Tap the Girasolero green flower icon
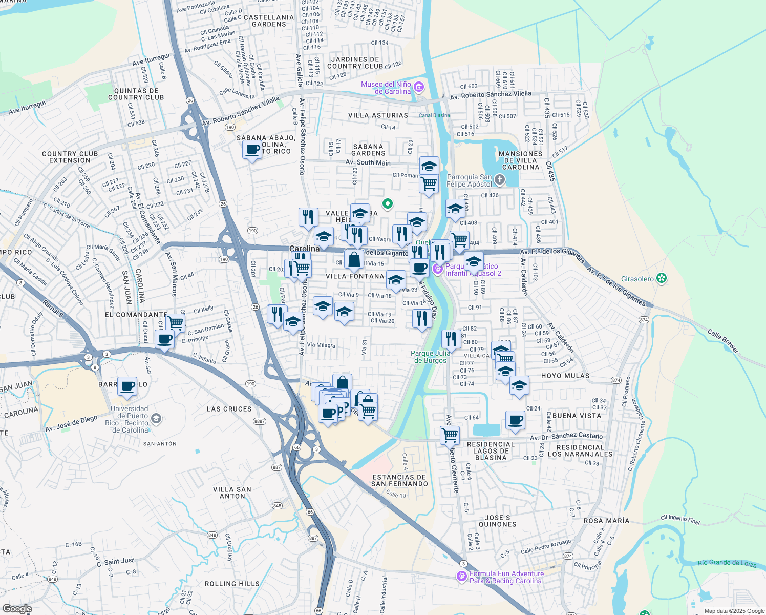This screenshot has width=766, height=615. pyautogui.click(x=662, y=278)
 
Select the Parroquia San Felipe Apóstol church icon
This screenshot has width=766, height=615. pyautogui.click(x=500, y=180)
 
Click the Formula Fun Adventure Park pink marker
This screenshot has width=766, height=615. pyautogui.click(x=462, y=577)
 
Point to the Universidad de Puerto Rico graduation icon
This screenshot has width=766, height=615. pyautogui.click(x=156, y=419)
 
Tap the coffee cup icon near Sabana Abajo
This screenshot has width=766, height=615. pyautogui.click(x=252, y=150)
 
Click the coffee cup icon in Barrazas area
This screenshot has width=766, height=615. pyautogui.click(x=127, y=385)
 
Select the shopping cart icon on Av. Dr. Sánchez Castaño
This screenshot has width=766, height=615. pyautogui.click(x=450, y=435)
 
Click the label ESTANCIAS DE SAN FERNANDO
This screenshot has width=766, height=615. pyautogui.click(x=399, y=480)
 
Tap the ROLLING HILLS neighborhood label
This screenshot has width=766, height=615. pyautogui.click(x=232, y=584)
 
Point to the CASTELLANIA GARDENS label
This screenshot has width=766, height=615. pyautogui.click(x=269, y=20)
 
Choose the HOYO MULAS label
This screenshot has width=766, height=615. pyautogui.click(x=565, y=376)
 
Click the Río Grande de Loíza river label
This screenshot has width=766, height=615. pyautogui.click(x=727, y=563)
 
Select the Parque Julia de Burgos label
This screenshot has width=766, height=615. pyautogui.click(x=431, y=357)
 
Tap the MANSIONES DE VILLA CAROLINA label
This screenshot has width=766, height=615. pyautogui.click(x=520, y=160)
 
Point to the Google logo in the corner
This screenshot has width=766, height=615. pyautogui.click(x=17, y=609)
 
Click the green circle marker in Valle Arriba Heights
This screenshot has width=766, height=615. pyautogui.click(x=388, y=204)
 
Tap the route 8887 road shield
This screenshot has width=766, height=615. pyautogui.click(x=260, y=421)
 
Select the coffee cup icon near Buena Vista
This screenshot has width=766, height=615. pyautogui.click(x=516, y=420)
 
